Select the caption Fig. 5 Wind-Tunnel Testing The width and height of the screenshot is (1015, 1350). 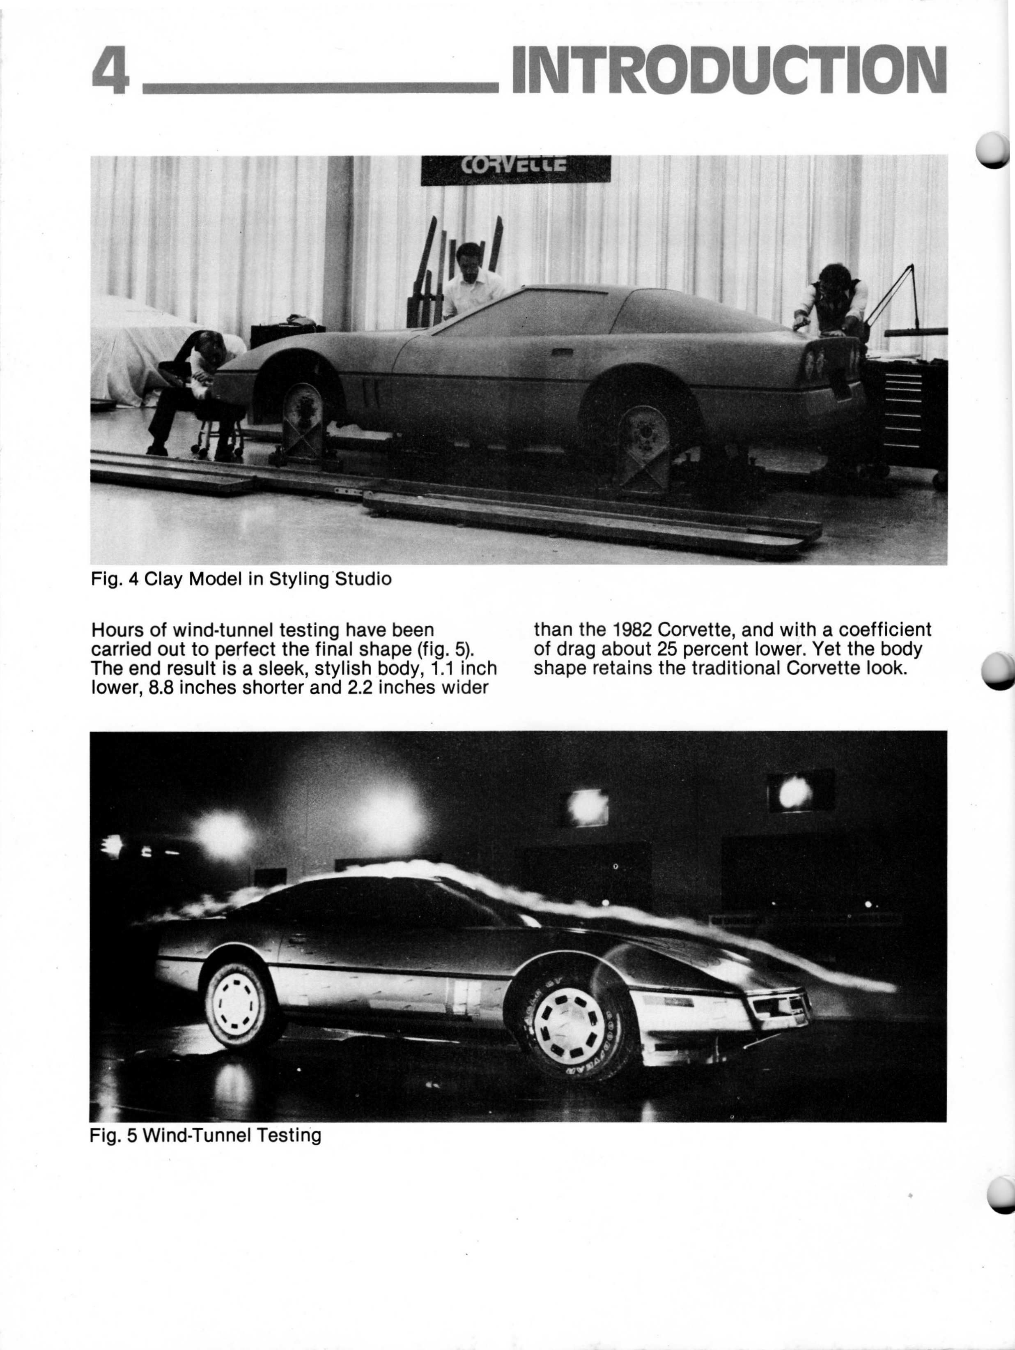[205, 1136]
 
